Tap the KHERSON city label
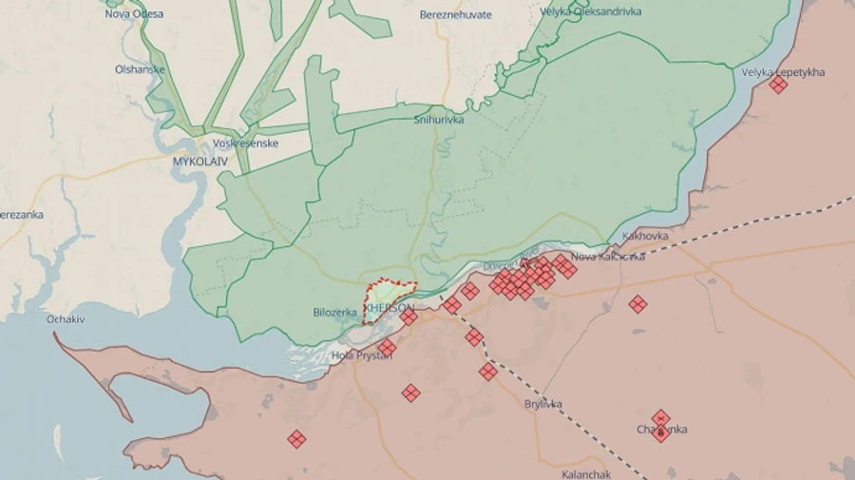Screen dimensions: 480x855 389,309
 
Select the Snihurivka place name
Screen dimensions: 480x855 438,120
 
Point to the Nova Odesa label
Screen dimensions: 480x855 134,14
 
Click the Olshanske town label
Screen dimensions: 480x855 141,69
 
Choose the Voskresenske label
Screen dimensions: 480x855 245,144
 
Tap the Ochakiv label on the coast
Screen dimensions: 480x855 66,319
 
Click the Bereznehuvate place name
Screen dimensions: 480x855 456,15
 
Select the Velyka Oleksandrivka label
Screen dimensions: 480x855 590,12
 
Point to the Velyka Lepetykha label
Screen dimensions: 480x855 783,72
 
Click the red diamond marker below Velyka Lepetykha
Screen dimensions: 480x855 778,86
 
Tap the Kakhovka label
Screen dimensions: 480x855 645,236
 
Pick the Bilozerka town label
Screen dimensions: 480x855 334,312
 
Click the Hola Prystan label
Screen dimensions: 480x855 355,355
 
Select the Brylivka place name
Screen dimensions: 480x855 543,404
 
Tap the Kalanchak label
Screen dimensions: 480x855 587,473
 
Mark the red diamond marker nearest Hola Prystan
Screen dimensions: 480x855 388,348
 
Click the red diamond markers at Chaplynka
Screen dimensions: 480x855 661,425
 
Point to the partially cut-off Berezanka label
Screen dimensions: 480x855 21,215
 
